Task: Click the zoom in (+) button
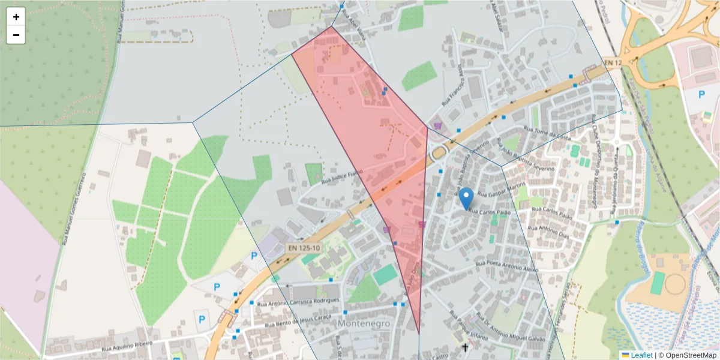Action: click(16, 17)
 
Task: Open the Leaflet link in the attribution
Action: click(641, 355)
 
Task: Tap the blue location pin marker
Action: click(466, 199)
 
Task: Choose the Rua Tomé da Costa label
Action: click(547, 134)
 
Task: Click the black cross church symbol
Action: click(465, 347)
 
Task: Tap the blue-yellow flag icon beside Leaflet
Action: click(625, 355)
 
